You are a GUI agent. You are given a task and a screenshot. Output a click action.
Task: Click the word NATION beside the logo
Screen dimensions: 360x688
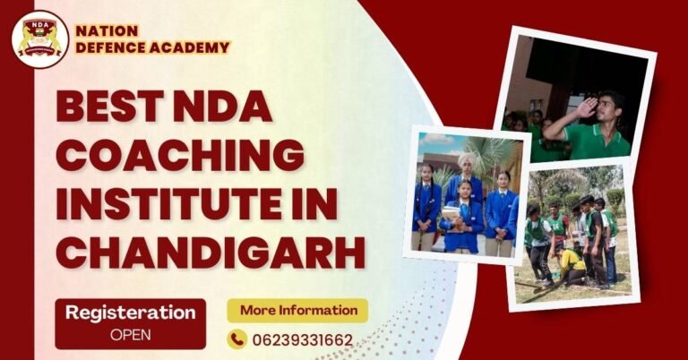tap(107, 30)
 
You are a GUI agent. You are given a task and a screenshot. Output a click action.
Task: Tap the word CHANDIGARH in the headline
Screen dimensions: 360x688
tap(211, 252)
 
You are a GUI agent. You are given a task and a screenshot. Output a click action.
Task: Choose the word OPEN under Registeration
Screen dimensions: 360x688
tap(131, 335)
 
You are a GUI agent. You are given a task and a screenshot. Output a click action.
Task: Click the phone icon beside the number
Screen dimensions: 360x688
tap(237, 339)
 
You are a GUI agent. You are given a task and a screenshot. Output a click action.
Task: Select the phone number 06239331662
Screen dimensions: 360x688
tap(303, 340)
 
